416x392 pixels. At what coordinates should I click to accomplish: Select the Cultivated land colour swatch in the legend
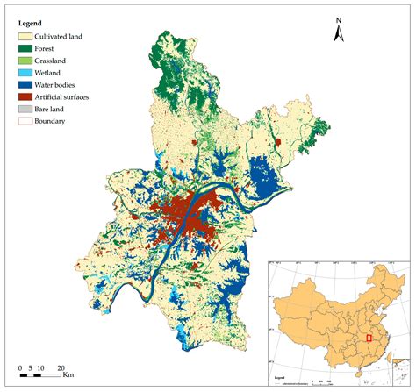(x=25, y=38)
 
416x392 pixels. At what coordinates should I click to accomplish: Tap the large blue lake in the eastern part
(x=264, y=175)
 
